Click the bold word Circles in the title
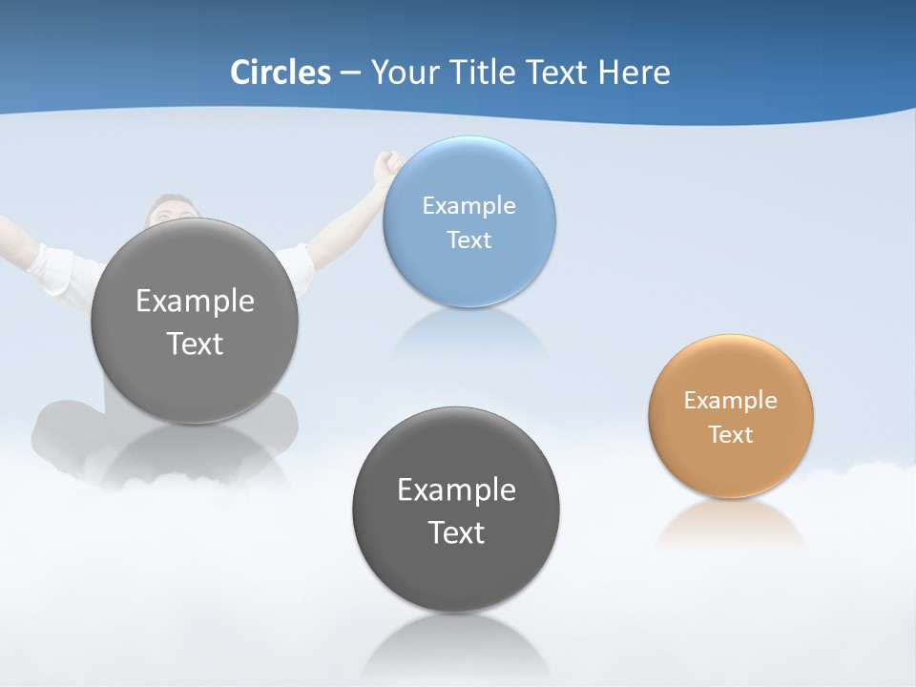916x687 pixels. click(281, 73)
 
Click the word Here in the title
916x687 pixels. click(635, 73)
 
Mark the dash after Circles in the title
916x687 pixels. click(349, 73)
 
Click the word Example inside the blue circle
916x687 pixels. click(468, 205)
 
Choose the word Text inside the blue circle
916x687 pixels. click(468, 239)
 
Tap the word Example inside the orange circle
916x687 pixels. click(731, 400)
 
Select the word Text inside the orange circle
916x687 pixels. click(731, 434)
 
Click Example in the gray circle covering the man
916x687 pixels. click(195, 301)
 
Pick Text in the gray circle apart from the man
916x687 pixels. click(456, 532)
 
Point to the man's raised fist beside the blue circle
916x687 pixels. click(387, 167)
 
